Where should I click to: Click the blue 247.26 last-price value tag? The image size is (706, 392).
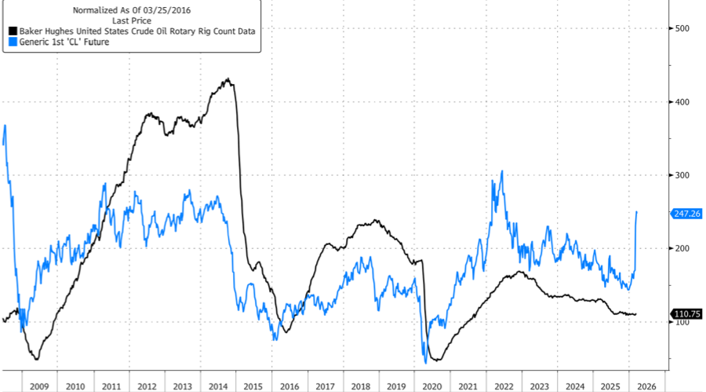click(687, 213)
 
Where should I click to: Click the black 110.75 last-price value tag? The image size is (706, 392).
click(687, 314)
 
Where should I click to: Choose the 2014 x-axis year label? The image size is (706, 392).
click(218, 386)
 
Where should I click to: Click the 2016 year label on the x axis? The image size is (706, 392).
click(290, 386)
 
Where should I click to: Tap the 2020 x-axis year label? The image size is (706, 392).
click(433, 386)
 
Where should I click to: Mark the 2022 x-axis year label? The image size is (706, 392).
click(504, 386)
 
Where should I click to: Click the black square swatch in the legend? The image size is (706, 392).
click(12, 31)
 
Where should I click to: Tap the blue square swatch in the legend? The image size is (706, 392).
click(12, 42)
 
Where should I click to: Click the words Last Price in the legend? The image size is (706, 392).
click(132, 21)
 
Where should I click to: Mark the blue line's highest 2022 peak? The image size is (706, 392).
click(502, 171)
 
